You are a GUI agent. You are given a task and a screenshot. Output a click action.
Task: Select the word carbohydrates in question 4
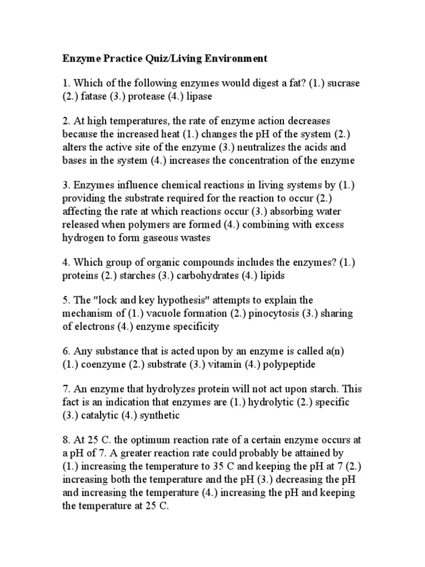coord(195,275)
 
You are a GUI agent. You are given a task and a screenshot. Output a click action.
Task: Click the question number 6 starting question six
coord(65,352)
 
